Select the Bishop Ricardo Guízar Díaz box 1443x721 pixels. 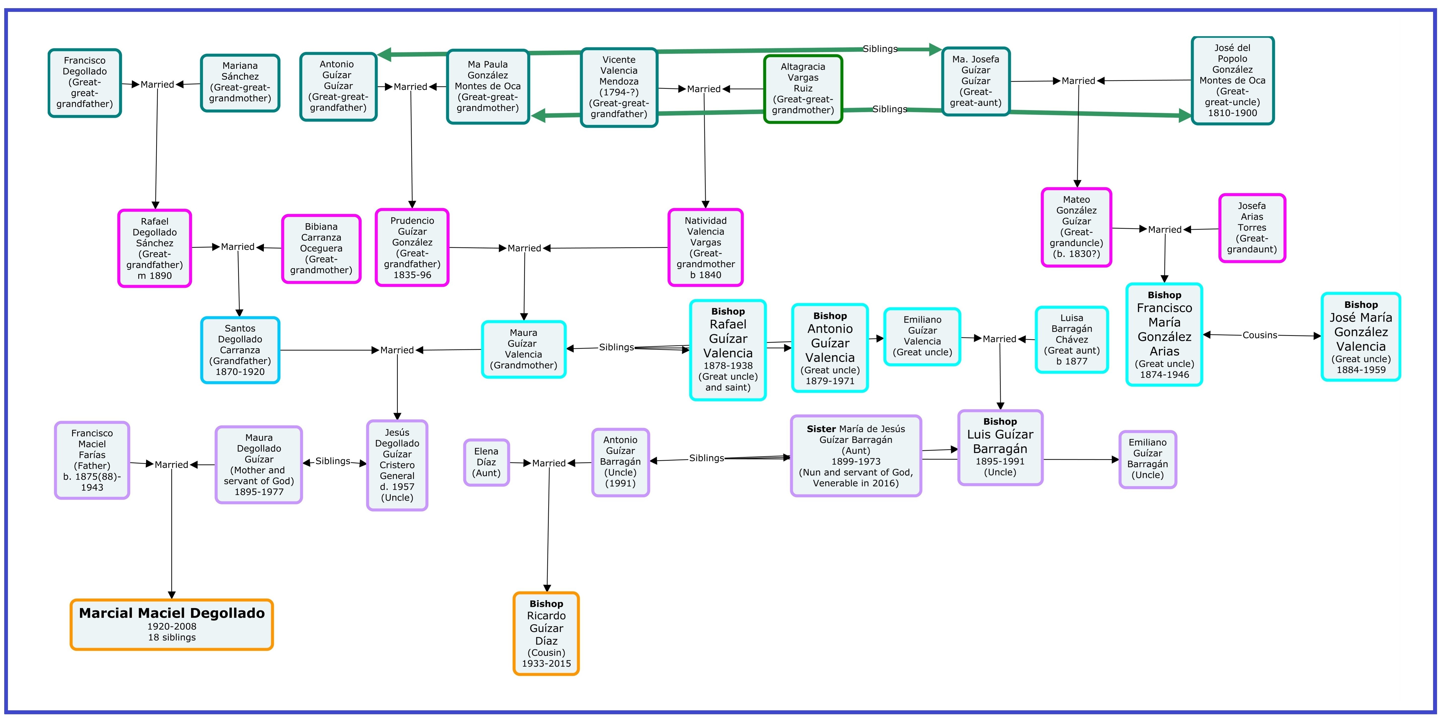546,633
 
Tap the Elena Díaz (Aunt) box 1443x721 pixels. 486,462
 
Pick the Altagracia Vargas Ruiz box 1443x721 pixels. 803,88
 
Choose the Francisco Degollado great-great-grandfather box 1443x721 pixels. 85,83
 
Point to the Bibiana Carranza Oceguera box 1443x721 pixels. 321,249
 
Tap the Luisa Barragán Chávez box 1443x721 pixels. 1072,339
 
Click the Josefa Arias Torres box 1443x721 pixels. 1252,228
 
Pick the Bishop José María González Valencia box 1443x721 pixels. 1361,336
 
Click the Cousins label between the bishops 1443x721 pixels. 1260,335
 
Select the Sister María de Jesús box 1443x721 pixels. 856,456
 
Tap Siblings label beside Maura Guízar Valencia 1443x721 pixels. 616,347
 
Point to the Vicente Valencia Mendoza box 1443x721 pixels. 619,87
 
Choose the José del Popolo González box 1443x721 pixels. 1232,80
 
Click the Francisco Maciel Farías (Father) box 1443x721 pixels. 92,460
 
